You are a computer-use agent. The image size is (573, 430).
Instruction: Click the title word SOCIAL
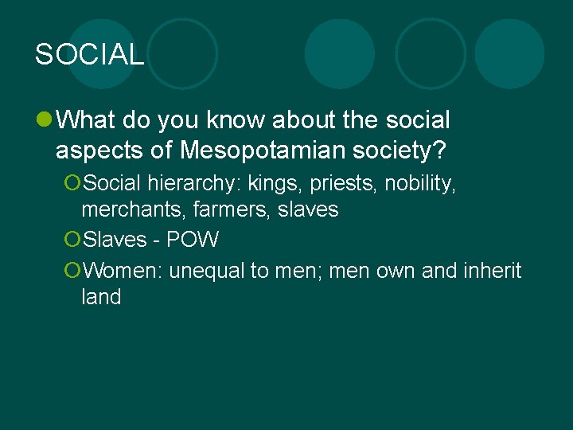[89, 54]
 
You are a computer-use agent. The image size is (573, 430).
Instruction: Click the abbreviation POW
[192, 240]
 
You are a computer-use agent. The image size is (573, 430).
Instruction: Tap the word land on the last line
[101, 297]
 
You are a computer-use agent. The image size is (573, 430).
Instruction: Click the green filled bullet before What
[43, 121]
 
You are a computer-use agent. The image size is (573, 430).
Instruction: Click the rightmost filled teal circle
[509, 53]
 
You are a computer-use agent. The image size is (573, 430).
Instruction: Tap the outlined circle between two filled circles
[431, 53]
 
